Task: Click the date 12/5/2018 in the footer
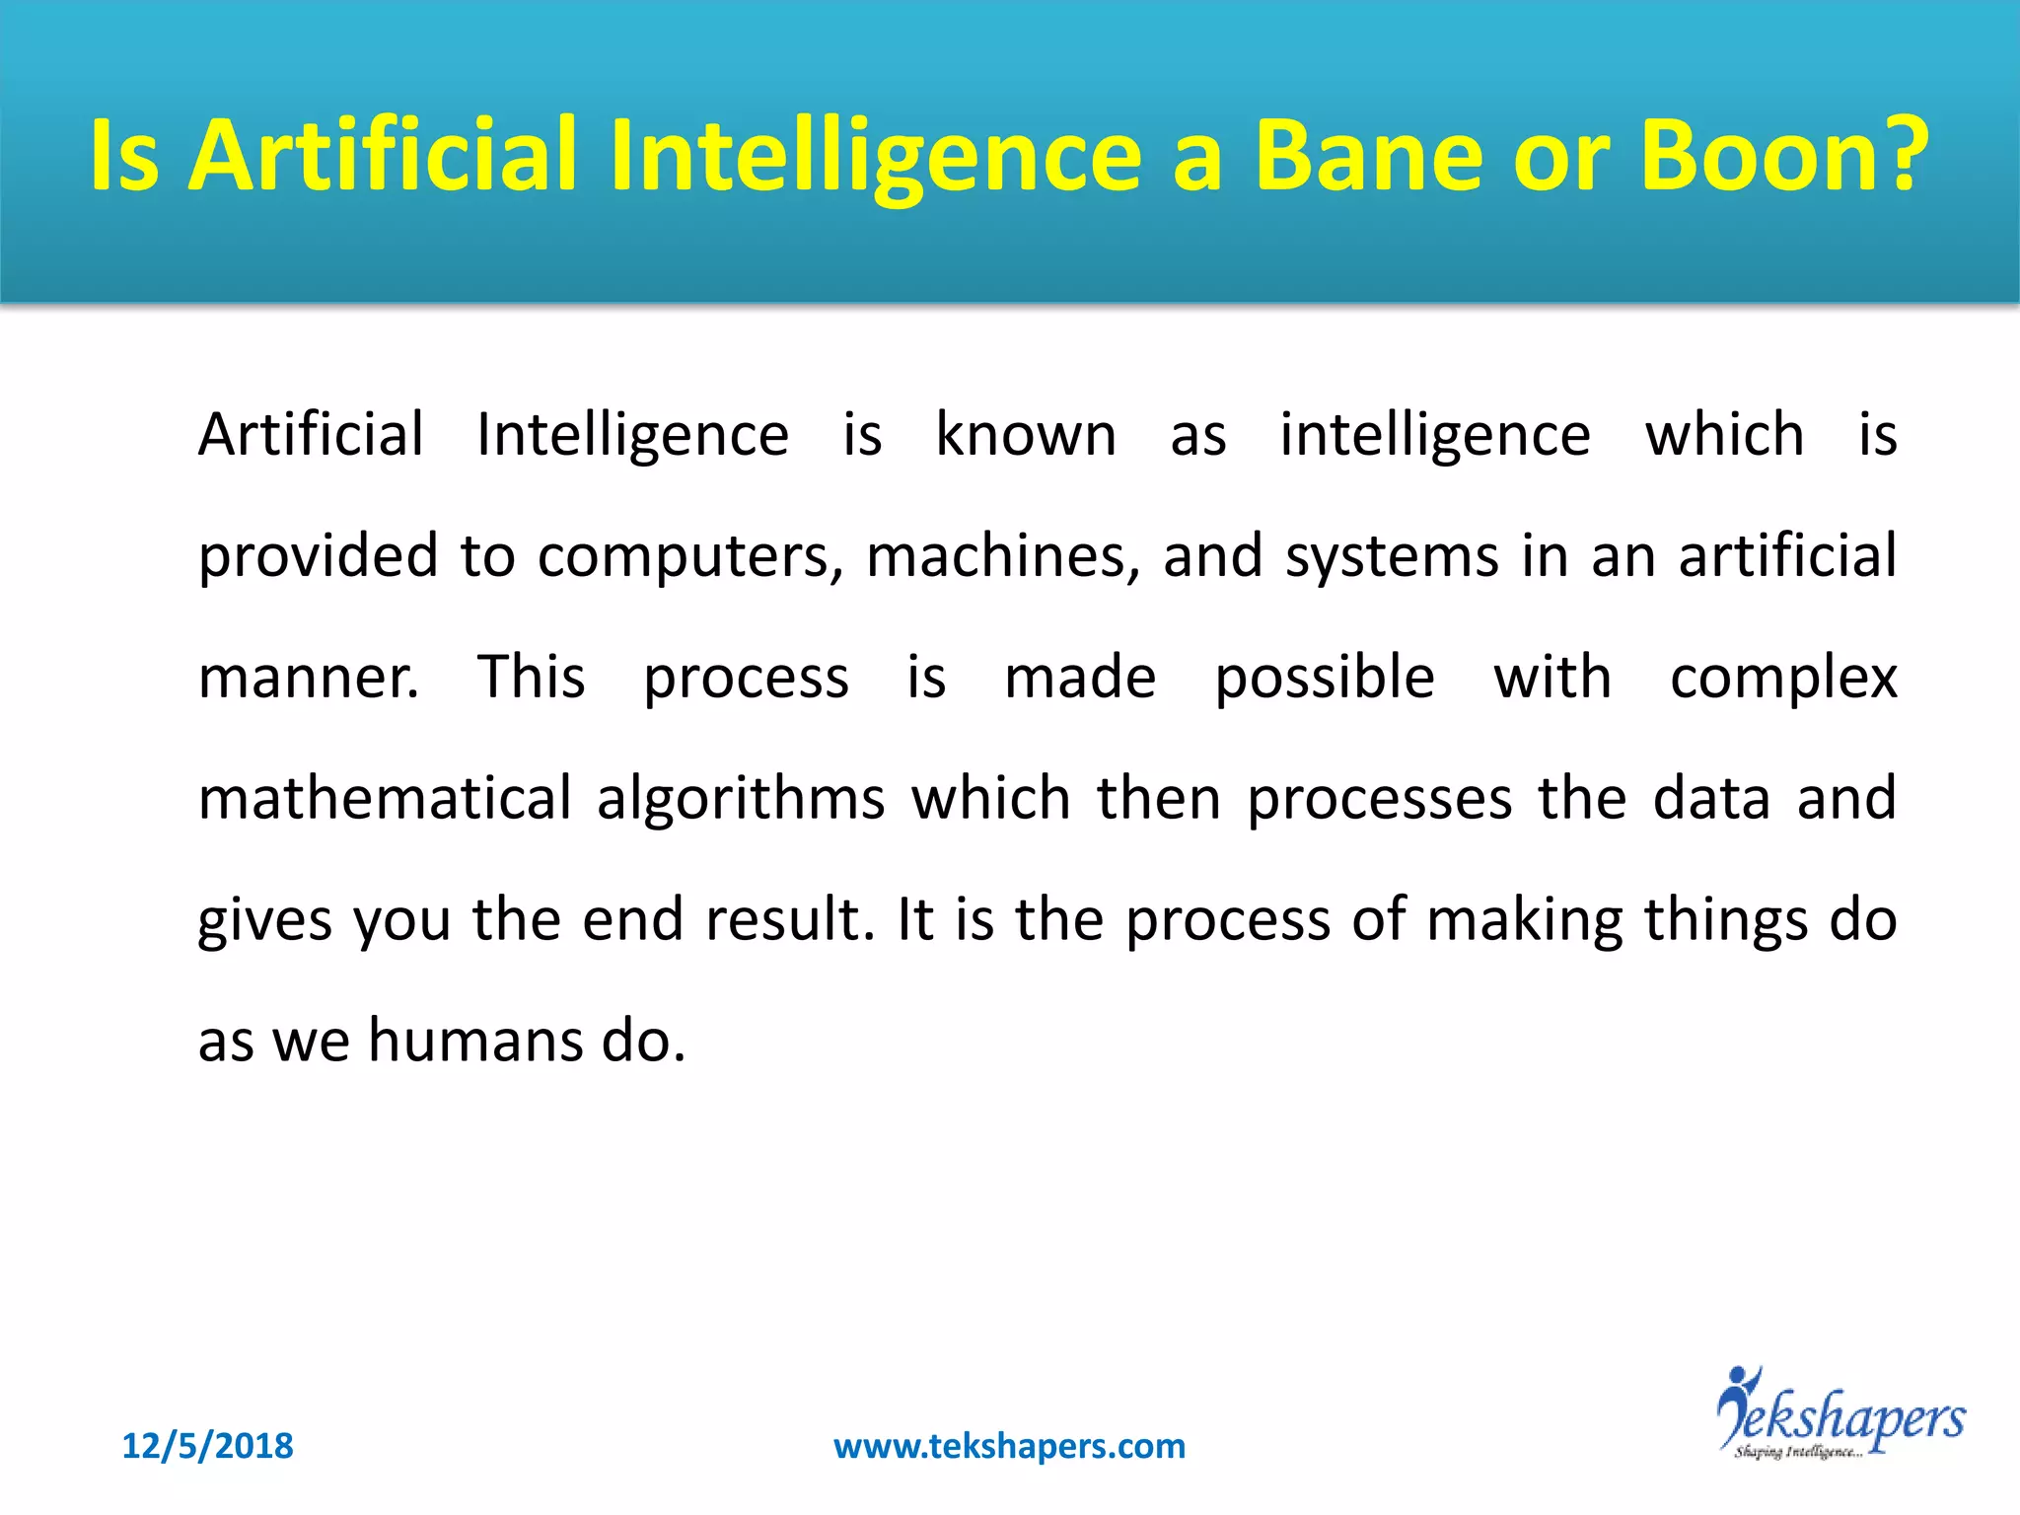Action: coord(207,1446)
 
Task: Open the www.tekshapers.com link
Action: coord(1009,1446)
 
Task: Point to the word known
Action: coord(1026,434)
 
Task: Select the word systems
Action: coord(1392,556)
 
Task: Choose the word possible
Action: coord(1324,678)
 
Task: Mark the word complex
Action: coord(1783,678)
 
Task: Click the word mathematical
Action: coord(385,798)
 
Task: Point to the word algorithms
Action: coord(741,798)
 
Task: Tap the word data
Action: coord(1711,798)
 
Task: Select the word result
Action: coord(790,919)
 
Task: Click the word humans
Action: coord(474,1041)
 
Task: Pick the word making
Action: coord(1524,919)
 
